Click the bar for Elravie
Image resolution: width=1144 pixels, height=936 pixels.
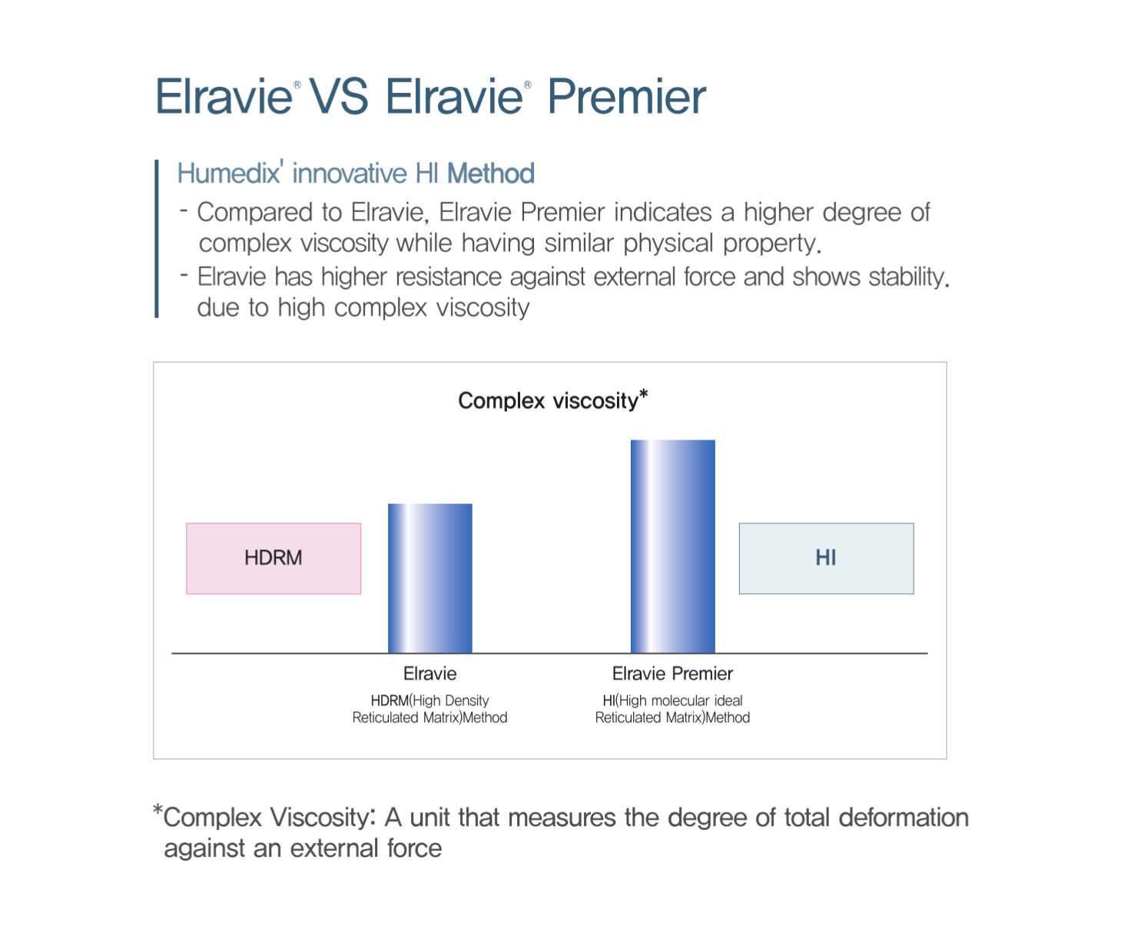click(x=429, y=578)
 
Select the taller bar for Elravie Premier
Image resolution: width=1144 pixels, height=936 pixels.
click(x=672, y=546)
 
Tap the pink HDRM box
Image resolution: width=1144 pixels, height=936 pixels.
click(x=274, y=559)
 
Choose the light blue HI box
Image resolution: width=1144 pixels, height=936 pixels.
click(x=826, y=559)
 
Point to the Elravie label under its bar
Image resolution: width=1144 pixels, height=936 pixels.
click(x=429, y=673)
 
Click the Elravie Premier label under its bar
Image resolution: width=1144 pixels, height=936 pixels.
click(x=672, y=673)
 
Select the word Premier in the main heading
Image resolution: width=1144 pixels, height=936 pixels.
click(x=626, y=97)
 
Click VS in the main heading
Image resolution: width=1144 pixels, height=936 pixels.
click(x=339, y=97)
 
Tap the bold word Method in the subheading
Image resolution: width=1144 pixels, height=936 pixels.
click(x=491, y=174)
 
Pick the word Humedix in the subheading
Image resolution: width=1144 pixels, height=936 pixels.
click(x=228, y=174)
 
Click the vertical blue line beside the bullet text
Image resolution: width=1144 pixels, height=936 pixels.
click(x=157, y=238)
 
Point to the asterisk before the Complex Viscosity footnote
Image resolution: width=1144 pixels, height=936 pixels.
click(x=158, y=809)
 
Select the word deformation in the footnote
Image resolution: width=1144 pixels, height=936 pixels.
click(x=904, y=817)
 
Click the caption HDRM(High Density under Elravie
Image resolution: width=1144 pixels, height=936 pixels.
click(x=429, y=701)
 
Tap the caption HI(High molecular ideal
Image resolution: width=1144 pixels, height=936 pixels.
click(x=672, y=701)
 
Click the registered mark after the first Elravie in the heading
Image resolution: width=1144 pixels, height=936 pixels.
click(x=297, y=85)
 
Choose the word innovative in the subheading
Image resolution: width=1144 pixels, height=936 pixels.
click(x=350, y=174)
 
